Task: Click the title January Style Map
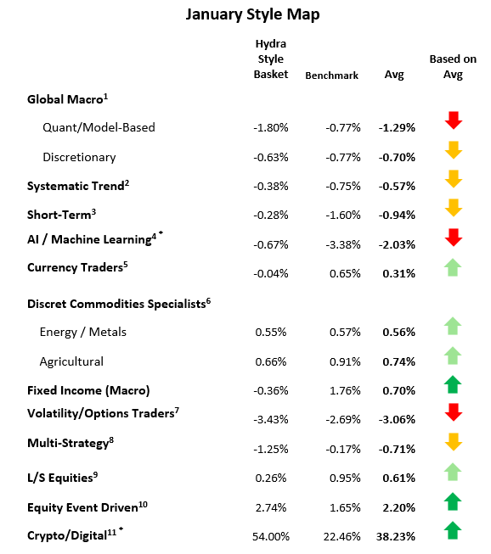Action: coord(246,14)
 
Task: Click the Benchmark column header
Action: coord(333,75)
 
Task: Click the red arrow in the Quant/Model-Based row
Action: coord(454,121)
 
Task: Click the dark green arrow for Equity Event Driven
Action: coord(454,501)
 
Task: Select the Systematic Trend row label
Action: coord(78,185)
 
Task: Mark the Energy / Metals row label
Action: coord(84,332)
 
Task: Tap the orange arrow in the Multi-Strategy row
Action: coord(454,442)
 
